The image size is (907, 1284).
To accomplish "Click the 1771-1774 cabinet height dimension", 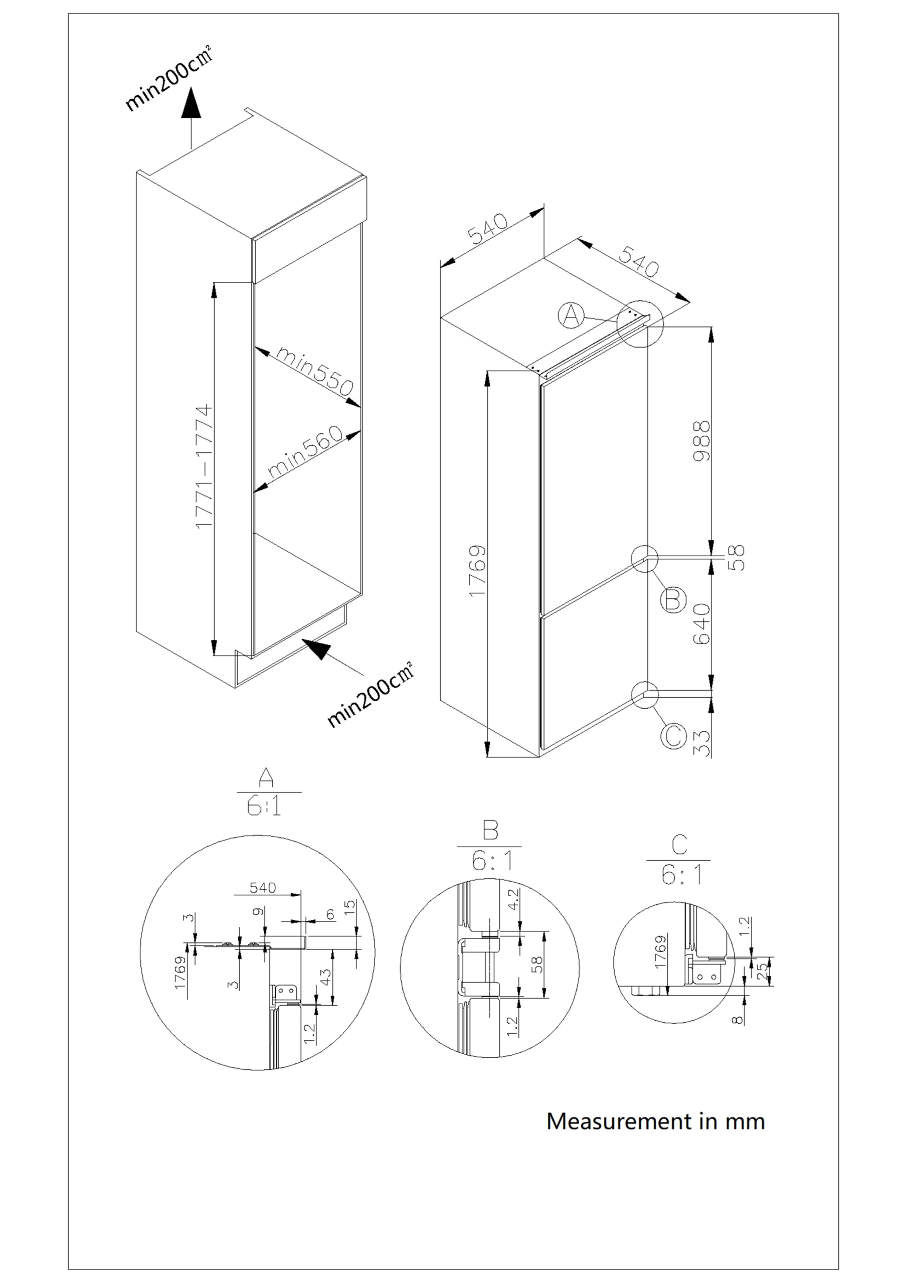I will pos(205,466).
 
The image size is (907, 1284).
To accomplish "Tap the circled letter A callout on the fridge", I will pos(571,316).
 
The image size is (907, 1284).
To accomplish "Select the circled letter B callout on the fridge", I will pos(673,600).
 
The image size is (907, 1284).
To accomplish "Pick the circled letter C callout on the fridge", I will pos(673,736).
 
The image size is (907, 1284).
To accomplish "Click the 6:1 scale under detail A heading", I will pos(264,808).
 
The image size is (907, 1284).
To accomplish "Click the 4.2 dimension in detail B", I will pos(513,900).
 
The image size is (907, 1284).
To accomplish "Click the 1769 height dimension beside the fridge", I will pos(477,570).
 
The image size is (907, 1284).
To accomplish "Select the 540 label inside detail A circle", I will pos(263,887).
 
